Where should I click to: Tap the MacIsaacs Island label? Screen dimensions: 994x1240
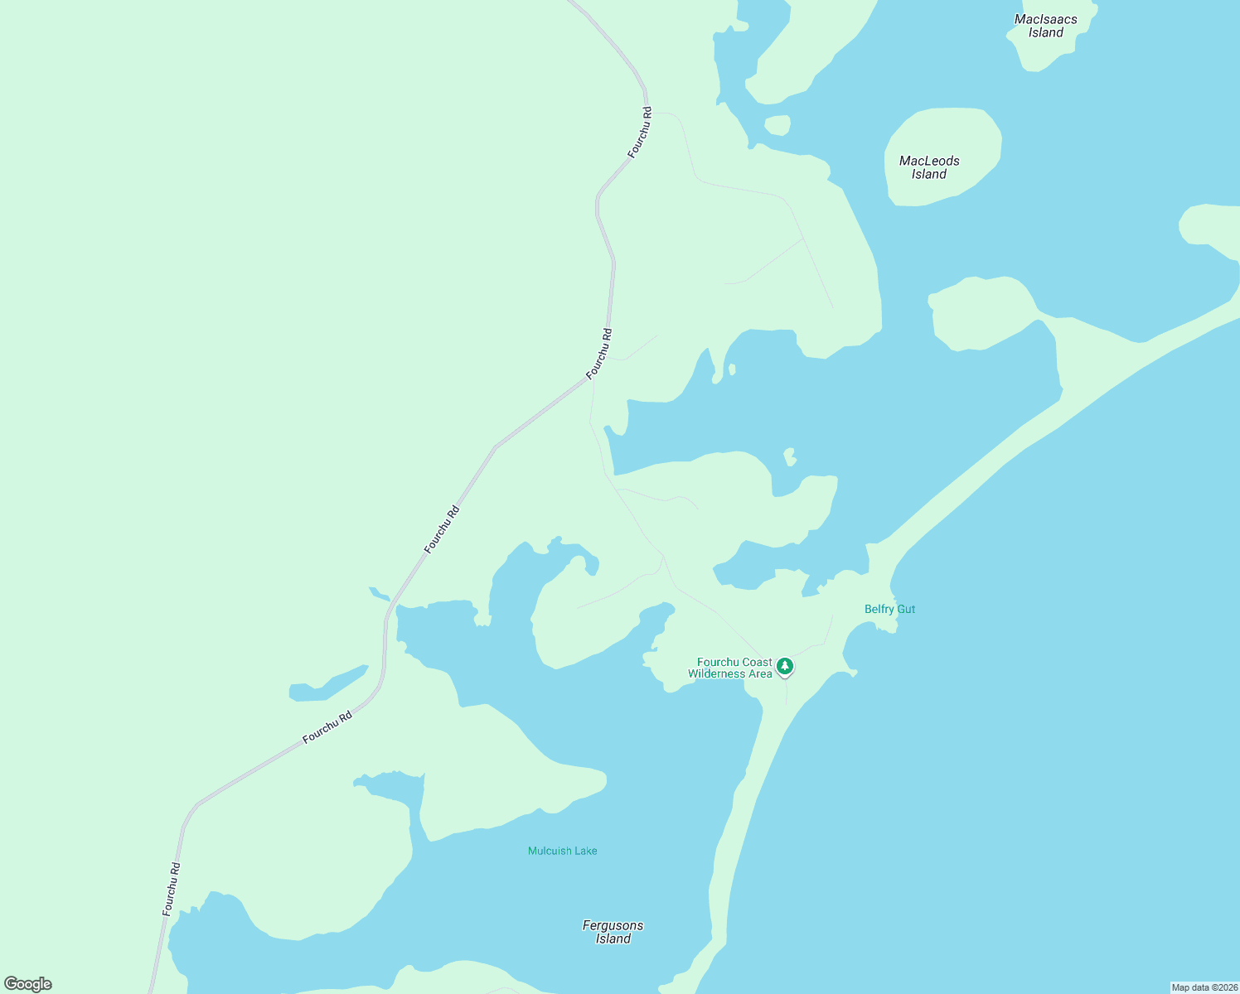point(1046,26)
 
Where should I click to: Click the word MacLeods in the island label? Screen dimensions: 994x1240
point(929,161)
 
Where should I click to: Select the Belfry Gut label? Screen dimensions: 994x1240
point(889,609)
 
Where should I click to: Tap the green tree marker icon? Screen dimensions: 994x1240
point(784,666)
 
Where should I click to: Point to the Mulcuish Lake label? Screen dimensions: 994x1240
point(562,851)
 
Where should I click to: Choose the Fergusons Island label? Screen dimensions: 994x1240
point(613,932)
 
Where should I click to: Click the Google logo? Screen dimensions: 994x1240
point(28,984)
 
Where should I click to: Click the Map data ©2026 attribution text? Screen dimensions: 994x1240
point(1204,987)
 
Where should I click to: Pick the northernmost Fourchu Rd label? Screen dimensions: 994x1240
point(640,133)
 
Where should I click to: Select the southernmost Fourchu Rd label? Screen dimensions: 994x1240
point(172,889)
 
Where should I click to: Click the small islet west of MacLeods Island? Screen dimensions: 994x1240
point(777,125)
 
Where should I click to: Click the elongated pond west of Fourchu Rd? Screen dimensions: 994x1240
point(328,684)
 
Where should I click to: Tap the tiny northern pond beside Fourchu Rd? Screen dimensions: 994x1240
point(379,593)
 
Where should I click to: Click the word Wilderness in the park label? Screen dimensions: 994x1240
point(718,673)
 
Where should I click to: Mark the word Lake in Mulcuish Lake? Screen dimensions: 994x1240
point(584,851)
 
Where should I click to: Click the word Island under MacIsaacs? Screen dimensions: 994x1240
point(1046,33)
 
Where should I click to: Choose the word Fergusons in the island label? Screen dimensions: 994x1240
point(613,925)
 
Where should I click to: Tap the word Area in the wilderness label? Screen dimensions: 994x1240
point(761,673)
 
